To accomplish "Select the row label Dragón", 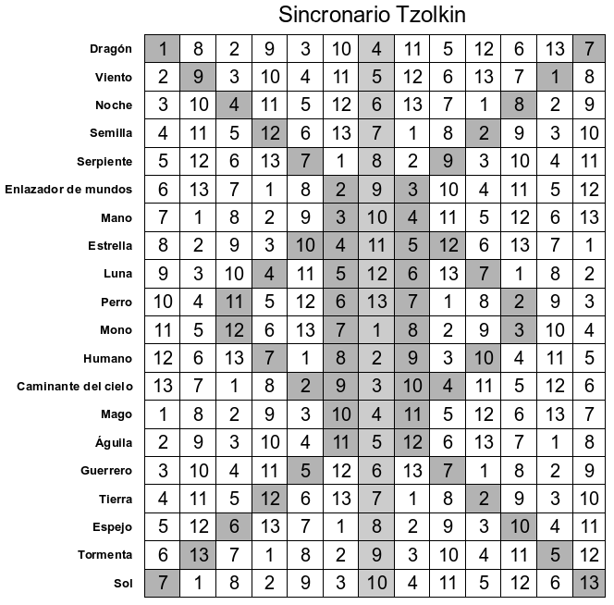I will (x=111, y=49).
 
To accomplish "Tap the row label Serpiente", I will (x=104, y=162).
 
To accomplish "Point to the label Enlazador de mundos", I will (x=68, y=190).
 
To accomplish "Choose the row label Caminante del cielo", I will (x=75, y=386).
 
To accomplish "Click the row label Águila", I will (x=114, y=442).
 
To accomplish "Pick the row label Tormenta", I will (x=104, y=555).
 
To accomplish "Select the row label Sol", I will (x=122, y=583).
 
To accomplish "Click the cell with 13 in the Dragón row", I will (x=555, y=49).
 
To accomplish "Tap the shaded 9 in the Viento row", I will (x=198, y=77).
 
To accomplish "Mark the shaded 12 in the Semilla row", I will (x=269, y=133).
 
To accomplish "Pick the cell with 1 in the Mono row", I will (x=376, y=330).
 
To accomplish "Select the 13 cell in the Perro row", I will (x=376, y=302).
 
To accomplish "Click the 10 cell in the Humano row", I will (x=484, y=358).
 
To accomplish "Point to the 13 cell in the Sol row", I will (x=590, y=583).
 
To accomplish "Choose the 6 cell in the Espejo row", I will (x=233, y=527).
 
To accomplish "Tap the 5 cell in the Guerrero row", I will (x=305, y=471).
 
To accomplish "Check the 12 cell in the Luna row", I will (x=376, y=274).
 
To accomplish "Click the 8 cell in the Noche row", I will (x=519, y=105).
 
